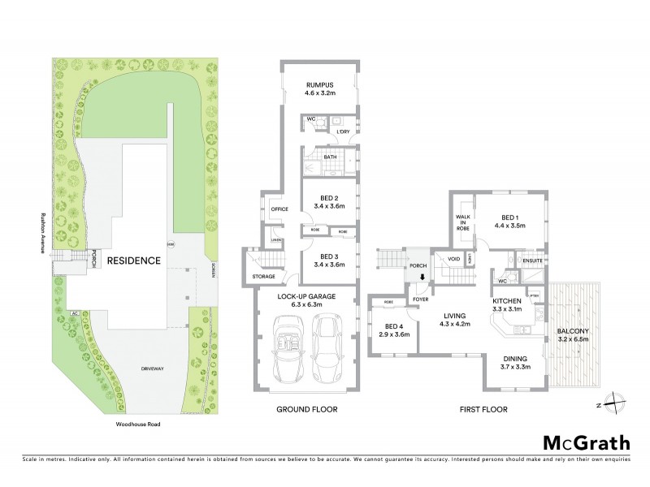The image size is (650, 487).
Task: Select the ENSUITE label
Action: (x=532, y=261)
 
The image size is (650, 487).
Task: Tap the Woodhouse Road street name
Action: (x=135, y=423)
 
